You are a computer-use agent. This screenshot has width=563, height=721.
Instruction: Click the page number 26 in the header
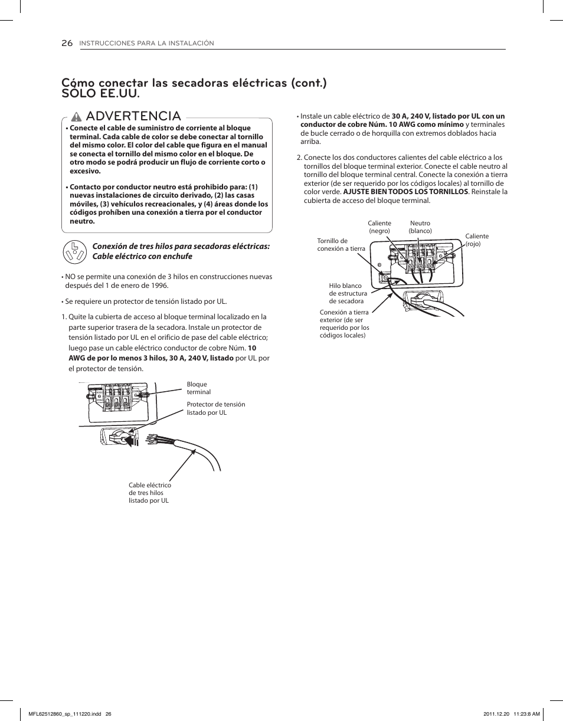(67, 43)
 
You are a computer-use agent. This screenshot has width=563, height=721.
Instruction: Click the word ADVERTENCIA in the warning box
(133, 116)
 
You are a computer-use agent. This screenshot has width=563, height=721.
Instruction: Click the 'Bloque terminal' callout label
(198, 388)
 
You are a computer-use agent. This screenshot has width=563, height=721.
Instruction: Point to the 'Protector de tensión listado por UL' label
(215, 408)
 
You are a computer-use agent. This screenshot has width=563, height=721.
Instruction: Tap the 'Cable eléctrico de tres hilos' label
(149, 493)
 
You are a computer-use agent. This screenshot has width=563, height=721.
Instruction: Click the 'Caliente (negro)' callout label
(379, 227)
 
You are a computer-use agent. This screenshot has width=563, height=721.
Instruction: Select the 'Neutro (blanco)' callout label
(420, 227)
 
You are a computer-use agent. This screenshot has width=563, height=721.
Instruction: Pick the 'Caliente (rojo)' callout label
(477, 240)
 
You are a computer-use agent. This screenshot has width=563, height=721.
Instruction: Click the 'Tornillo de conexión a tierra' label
(341, 245)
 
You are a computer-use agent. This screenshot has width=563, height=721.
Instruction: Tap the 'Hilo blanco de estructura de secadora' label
(348, 293)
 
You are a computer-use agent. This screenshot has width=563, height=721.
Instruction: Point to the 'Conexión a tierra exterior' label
(344, 324)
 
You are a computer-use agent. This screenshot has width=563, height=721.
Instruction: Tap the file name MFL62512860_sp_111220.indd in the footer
(66, 713)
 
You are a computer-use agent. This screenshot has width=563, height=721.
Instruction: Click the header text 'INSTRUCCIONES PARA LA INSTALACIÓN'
(146, 44)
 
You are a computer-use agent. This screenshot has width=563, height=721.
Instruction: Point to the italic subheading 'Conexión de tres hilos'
(180, 246)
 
